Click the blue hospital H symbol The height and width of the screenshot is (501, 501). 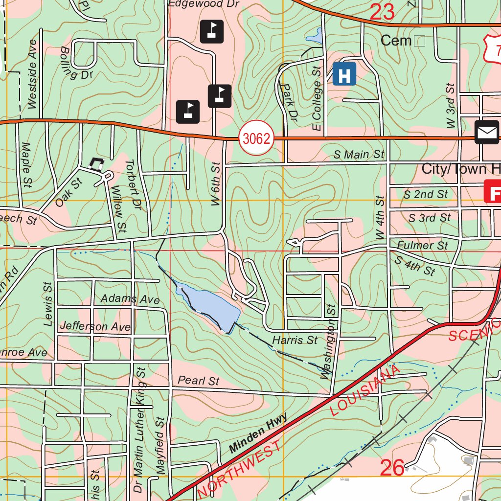click(344, 75)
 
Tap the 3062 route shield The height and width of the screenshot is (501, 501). click(256, 139)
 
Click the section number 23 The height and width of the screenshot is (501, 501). click(382, 13)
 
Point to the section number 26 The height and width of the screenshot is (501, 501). click(392, 468)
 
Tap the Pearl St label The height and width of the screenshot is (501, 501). click(198, 380)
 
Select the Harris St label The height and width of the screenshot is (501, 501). click(295, 339)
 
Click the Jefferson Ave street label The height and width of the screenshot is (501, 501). click(95, 326)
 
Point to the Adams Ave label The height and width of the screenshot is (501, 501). click(130, 298)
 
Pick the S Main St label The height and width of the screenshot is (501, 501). click(359, 155)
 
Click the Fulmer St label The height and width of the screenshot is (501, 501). click(422, 245)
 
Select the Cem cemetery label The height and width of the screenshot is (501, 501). click(396, 41)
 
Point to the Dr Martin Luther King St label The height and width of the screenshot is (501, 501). click(141, 431)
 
